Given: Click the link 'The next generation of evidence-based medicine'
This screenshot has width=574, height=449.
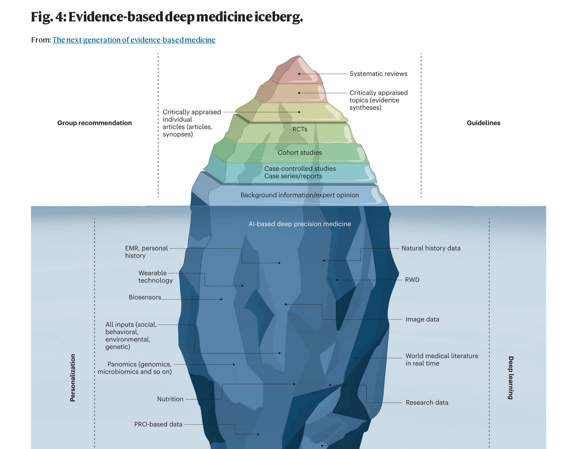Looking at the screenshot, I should (x=134, y=40).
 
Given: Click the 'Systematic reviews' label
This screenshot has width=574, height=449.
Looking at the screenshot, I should (x=378, y=74).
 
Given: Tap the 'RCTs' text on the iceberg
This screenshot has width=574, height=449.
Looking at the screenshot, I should (x=300, y=129).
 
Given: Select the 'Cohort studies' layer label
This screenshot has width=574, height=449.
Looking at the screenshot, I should (x=300, y=152).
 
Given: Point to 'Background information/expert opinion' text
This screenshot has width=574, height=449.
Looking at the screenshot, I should (x=300, y=195).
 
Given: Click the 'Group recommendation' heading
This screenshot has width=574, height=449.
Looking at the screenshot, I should (x=95, y=123).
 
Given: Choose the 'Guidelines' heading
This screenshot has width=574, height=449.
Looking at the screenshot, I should (x=483, y=123).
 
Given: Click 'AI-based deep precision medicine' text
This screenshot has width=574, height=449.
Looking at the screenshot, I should (x=300, y=224).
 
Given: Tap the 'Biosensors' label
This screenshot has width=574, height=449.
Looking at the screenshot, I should (x=145, y=297).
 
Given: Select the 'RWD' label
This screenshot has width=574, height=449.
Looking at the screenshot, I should (x=412, y=280).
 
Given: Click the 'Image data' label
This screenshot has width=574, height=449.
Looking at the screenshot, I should (x=422, y=319).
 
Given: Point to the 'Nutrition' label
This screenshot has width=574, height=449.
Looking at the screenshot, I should (x=170, y=399).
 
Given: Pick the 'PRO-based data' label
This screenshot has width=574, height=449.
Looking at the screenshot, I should (x=158, y=424).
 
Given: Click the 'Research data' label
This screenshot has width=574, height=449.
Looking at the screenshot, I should (x=427, y=402).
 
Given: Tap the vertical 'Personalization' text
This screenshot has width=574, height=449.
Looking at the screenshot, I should (x=73, y=378).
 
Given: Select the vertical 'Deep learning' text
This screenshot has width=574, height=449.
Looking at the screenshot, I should (x=511, y=378).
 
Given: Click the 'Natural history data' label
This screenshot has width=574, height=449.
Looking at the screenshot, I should (x=431, y=248).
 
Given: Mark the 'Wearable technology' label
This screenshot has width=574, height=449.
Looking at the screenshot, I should (x=155, y=277).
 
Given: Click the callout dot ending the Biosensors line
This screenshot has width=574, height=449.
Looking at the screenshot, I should (x=221, y=299).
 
